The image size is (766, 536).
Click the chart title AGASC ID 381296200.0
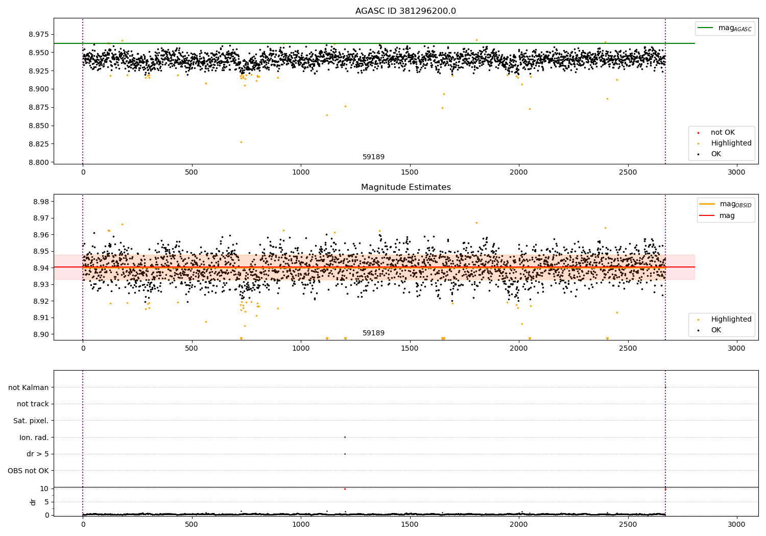[x=405, y=11]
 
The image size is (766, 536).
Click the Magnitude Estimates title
[x=405, y=187]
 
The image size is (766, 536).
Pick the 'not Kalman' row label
[x=29, y=387]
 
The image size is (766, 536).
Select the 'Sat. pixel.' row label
[x=31, y=421]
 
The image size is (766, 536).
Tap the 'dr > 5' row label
[x=37, y=454]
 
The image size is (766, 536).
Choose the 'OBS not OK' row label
[x=28, y=471]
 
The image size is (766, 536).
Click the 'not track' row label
[x=33, y=404]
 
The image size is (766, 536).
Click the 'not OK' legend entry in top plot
[x=722, y=133]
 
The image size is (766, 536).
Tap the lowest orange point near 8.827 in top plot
[x=241, y=142]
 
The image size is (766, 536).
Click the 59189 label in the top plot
[x=373, y=157]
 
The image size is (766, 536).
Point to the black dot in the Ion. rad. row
[x=345, y=437]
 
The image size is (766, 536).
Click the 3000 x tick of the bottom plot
[x=736, y=524]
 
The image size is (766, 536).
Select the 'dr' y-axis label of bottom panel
[x=33, y=502]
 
